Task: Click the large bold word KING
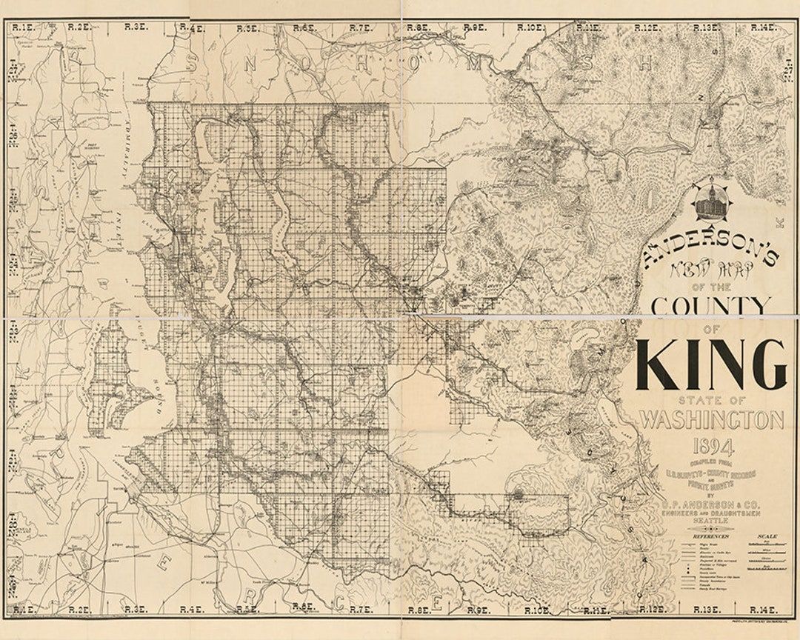(710, 364)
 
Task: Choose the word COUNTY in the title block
(710, 306)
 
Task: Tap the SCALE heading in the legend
(767, 536)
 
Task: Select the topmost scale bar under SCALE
(767, 544)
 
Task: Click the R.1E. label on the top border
(23, 27)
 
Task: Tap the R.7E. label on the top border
(361, 28)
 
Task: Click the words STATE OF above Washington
(710, 401)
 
